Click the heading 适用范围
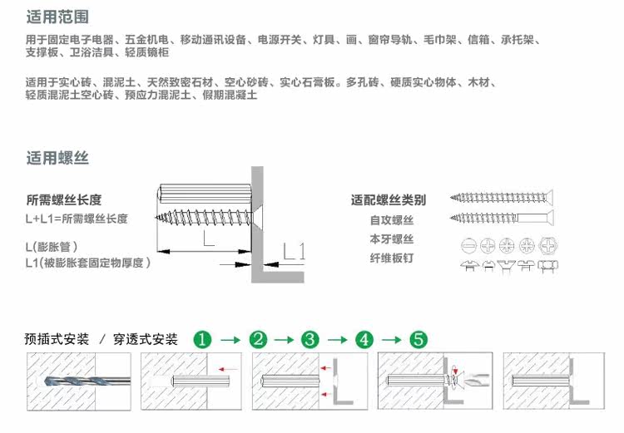57,17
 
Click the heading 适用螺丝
57,158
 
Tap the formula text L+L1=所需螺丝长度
77,218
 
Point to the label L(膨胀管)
52,246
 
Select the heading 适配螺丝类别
389,200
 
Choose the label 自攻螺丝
392,220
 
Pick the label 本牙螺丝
392,239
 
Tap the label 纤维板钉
392,258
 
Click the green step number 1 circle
204,339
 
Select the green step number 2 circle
259,339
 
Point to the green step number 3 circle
310,339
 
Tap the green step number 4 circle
364,339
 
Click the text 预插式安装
56,339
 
